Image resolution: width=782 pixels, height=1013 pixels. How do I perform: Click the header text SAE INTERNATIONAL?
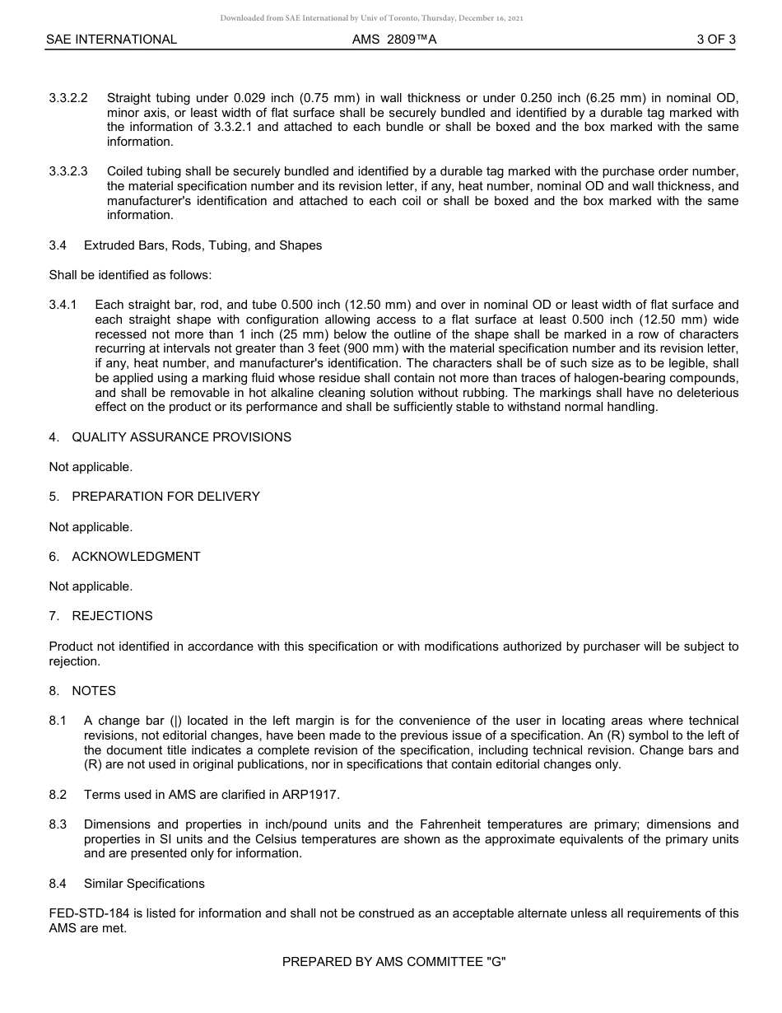coord(111,40)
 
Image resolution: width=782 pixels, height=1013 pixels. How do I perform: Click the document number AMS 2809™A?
coord(393,40)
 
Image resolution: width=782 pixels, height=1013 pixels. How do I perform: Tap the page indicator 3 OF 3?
coord(715,40)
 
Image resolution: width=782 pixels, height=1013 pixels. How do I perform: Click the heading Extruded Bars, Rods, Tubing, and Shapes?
coord(202,245)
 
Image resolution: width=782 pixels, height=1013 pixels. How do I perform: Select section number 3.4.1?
coord(63,306)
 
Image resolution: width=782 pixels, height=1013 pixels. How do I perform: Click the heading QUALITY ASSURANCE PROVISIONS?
coord(181,437)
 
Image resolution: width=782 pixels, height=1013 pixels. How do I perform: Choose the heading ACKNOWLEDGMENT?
coord(136,557)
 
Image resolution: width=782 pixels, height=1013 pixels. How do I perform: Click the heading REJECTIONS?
coord(112,616)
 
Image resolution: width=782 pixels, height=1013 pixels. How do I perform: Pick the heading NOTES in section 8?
coord(94,691)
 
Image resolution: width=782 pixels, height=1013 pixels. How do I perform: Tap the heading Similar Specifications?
coord(144,884)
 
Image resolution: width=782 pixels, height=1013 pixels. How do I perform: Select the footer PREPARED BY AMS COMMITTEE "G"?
coord(393,961)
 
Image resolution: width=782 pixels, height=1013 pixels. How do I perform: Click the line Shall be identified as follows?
coord(130,275)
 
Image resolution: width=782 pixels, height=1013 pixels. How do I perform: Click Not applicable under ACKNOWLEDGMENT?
coord(91,586)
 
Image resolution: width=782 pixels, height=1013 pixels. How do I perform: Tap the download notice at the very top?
coord(371,18)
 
